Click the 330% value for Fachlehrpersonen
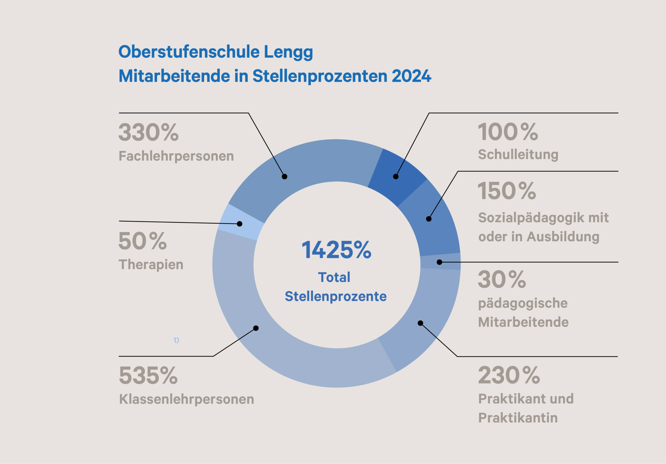149,133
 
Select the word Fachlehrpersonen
176,156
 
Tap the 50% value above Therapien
143,241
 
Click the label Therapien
151,264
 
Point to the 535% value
148,376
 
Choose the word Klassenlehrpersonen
186,399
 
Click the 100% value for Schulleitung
508,132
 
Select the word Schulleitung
518,155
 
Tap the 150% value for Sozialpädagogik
507,191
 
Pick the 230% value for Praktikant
509,375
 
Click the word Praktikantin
518,418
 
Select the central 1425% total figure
336,250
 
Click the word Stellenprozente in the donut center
336,296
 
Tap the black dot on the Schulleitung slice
396,177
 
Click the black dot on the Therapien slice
239,224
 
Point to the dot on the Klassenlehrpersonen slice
256,328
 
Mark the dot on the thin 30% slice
440,262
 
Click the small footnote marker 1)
176,340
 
